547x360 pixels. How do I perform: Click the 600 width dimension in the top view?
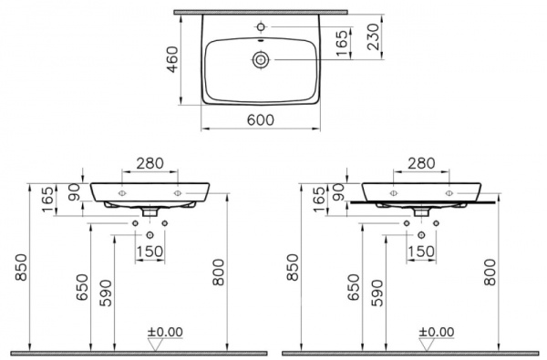(x=261, y=121)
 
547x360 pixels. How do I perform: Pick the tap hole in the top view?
(x=262, y=26)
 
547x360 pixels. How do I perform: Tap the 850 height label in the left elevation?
(x=16, y=268)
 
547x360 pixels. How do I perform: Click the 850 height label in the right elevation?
(x=292, y=268)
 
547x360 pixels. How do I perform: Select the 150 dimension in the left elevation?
(x=150, y=251)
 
